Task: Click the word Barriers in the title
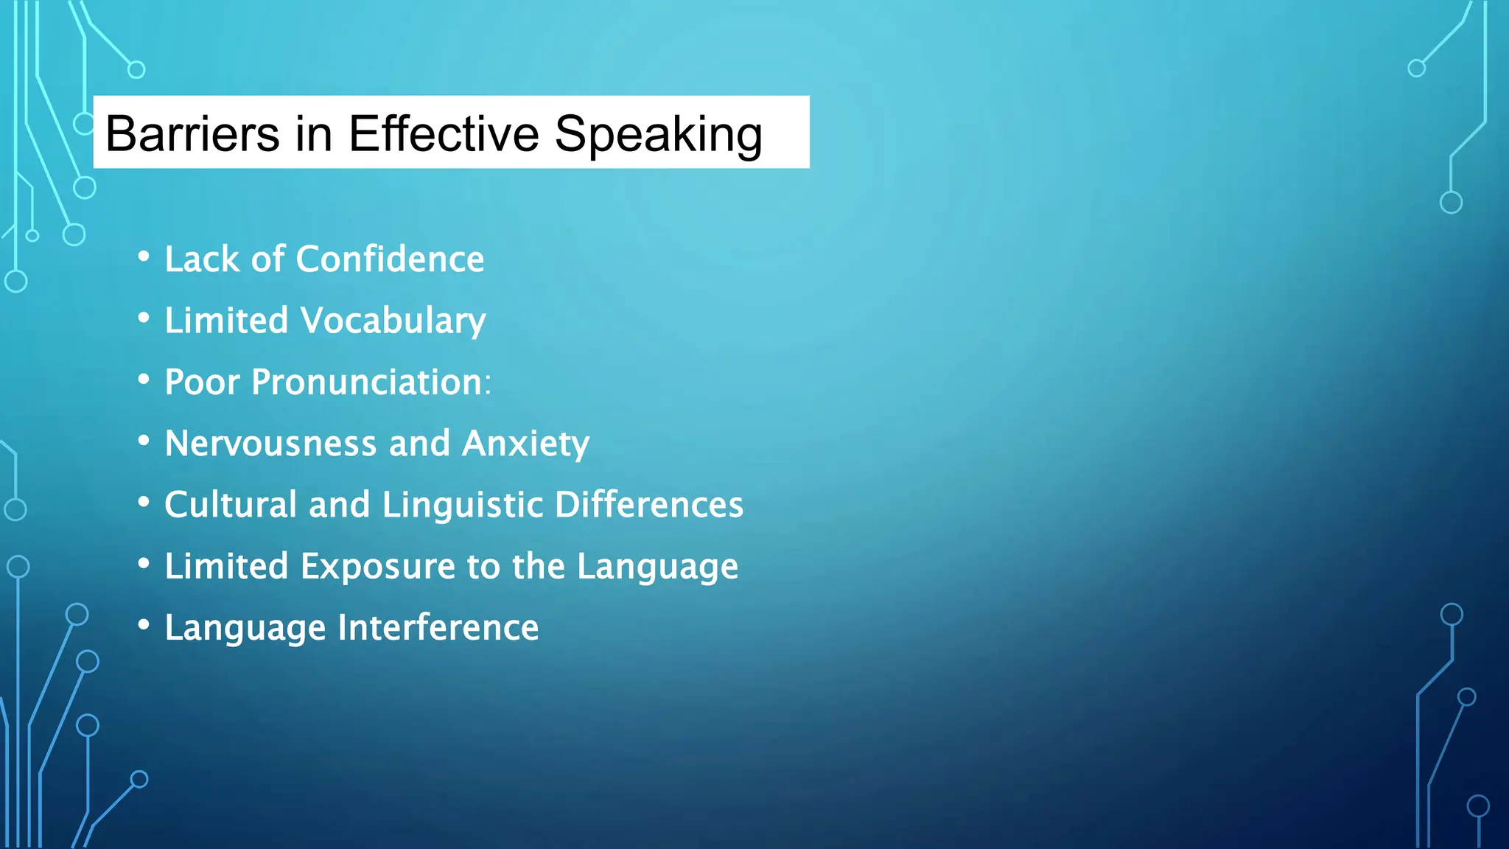coord(192,134)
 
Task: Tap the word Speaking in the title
coord(658,134)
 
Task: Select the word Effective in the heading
coord(444,134)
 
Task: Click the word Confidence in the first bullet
coord(390,259)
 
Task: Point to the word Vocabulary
coord(393,321)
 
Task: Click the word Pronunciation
coord(366,382)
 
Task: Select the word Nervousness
coord(271,444)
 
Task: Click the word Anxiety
coord(525,444)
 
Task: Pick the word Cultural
coord(231,505)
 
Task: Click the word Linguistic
coord(463,505)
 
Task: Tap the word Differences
coord(649,505)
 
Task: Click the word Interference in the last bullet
coord(438,628)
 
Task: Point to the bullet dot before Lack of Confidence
coord(144,256)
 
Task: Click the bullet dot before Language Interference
coord(144,625)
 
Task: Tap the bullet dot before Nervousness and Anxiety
coord(144,441)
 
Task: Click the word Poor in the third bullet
coord(202,382)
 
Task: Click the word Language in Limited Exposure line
coord(657,567)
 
